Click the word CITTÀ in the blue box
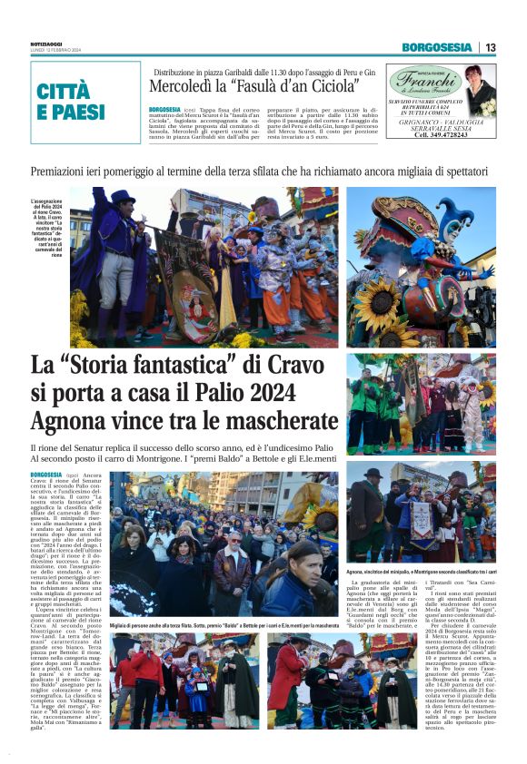64,91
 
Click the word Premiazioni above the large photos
65,171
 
